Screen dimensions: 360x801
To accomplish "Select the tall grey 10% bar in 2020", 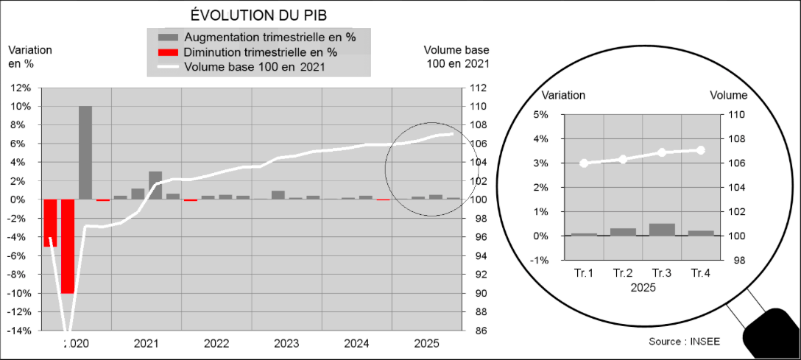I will pos(85,152).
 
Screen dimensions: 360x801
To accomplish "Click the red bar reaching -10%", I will pos(68,246).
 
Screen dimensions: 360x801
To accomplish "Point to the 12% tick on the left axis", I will pos(20,88).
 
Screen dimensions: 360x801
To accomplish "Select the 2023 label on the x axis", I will pos(286,344).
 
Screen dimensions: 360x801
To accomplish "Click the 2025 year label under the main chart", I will pos(427,344).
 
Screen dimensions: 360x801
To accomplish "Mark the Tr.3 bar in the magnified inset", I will pos(661,230).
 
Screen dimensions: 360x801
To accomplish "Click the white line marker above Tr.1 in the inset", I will pos(585,163).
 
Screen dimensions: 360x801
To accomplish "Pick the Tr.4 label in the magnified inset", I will pos(700,274).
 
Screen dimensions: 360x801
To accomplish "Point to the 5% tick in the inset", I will pos(540,115).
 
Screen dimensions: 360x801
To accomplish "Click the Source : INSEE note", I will pos(685,342).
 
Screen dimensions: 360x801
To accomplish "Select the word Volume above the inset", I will pos(729,95).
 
